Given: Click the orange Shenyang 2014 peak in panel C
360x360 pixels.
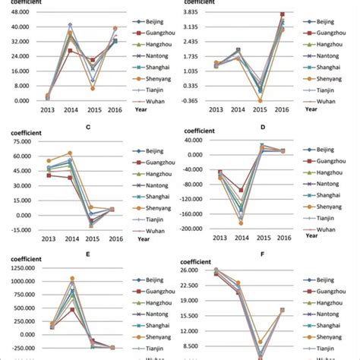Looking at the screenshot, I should [x=71, y=153].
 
